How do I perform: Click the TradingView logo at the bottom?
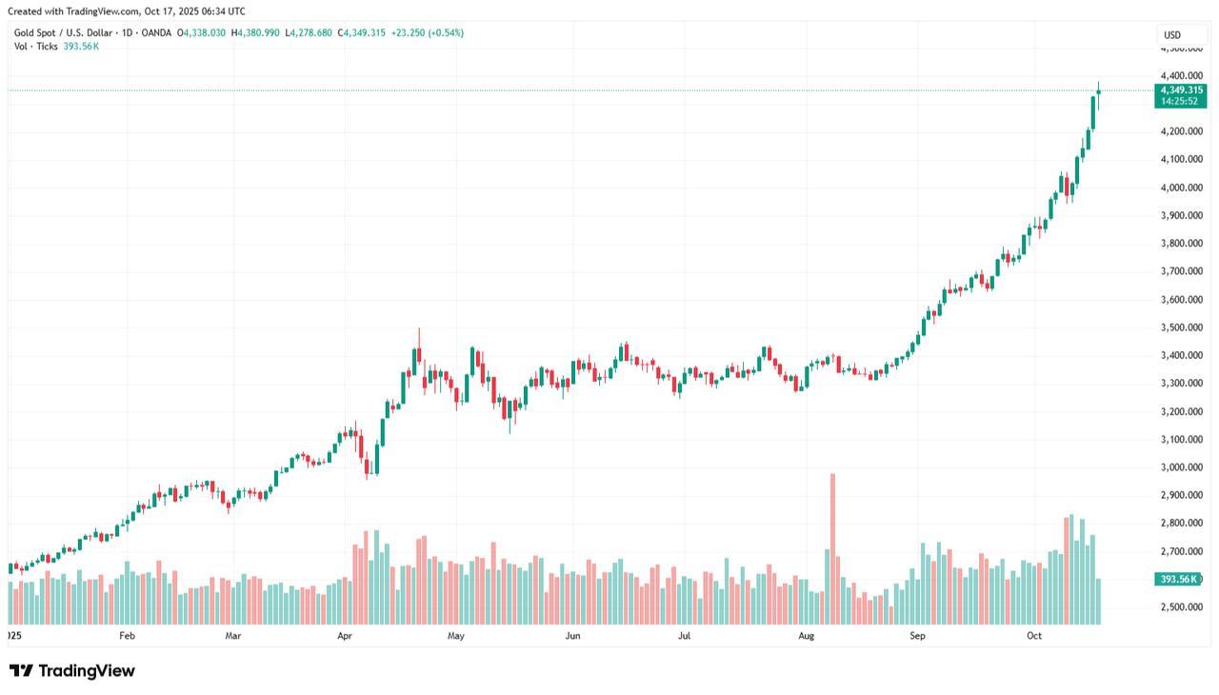(72, 671)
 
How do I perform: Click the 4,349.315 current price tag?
(1180, 89)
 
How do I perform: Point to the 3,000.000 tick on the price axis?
(1181, 467)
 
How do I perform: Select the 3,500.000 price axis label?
(1181, 328)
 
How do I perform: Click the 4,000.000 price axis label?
(1181, 188)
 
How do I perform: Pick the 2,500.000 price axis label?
(1181, 607)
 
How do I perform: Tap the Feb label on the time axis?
(127, 635)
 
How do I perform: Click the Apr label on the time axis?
(345, 635)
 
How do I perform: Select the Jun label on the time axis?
(572, 635)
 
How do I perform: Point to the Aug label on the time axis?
(807, 635)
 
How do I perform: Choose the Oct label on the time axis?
(1035, 635)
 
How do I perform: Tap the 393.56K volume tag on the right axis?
(1179, 579)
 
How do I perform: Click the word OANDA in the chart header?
(156, 33)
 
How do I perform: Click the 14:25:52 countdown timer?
(1180, 101)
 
